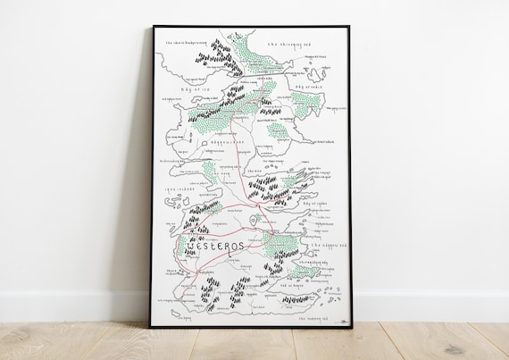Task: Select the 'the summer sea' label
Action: (x=313, y=316)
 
